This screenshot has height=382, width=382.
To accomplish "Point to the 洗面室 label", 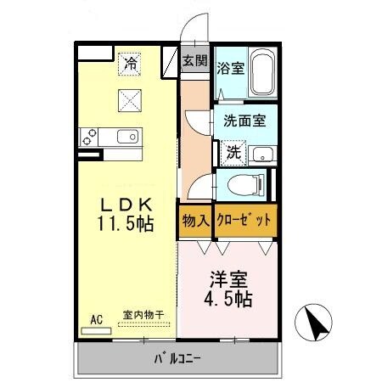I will click(x=244, y=121).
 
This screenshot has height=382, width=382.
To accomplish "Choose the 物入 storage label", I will click(x=195, y=220).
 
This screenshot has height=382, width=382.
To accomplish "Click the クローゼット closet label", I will click(x=245, y=220).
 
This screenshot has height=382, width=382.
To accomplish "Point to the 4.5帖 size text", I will click(x=227, y=300).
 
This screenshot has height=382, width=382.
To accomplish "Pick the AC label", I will click(x=96, y=319).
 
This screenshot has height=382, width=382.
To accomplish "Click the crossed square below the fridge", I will click(x=130, y=100).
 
